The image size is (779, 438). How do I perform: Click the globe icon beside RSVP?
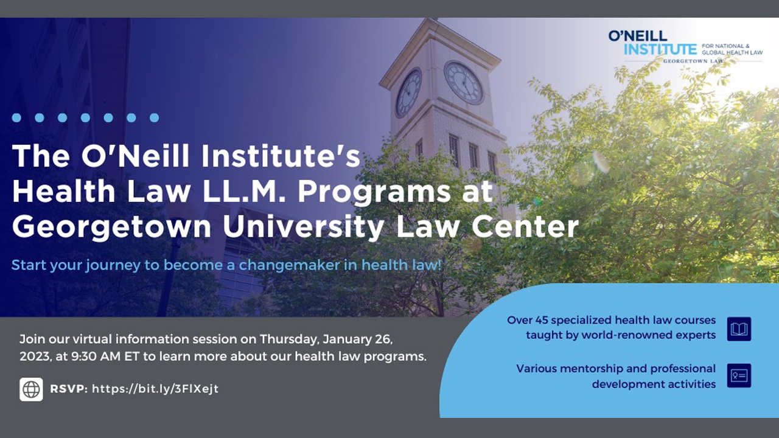tap(31, 389)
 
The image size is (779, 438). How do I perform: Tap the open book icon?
tap(739, 329)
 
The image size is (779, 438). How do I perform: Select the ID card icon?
tap(739, 376)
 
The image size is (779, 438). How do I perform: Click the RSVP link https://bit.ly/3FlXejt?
tap(155, 389)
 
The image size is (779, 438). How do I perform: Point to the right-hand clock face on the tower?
tap(464, 83)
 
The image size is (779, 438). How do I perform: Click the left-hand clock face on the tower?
tap(408, 93)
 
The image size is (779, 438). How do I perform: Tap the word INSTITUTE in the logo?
tap(660, 50)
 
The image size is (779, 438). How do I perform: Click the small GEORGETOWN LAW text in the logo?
tap(693, 61)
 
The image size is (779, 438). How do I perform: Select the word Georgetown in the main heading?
tap(111, 228)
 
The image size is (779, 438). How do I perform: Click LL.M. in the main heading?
tap(244, 191)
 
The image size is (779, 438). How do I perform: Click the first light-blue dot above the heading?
tap(16, 118)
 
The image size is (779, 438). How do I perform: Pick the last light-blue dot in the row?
tap(154, 118)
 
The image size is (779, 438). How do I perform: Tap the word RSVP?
tap(69, 389)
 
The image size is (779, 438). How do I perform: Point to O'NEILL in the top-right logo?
tap(638, 36)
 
